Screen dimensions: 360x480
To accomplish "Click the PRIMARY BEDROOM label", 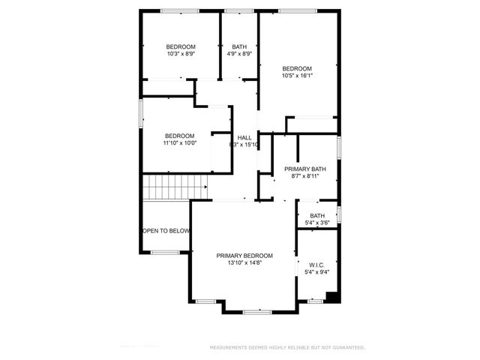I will [244, 256].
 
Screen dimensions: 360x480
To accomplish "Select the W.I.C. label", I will [316, 264].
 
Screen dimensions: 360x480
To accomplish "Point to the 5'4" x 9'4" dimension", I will [316, 272].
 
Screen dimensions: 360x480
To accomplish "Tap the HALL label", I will [244, 137].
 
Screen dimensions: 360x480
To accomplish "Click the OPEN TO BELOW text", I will [166, 231].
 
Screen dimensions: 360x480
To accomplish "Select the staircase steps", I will [175, 187].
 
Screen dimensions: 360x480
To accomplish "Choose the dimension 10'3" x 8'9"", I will [181, 54].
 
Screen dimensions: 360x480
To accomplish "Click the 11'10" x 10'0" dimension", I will [179, 144].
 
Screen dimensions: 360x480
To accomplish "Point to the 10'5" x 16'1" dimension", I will [297, 75].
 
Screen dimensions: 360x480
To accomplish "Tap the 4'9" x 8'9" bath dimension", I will [239, 54].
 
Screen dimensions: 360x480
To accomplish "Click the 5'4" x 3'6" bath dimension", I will [318, 223].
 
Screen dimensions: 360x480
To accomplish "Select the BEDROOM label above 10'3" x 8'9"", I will [181, 46].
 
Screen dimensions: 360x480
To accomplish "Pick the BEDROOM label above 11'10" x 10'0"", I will [179, 136].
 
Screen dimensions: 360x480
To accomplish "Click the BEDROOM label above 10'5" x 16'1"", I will [297, 67].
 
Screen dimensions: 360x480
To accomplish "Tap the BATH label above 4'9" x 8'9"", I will [239, 46].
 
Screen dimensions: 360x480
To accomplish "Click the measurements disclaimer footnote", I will [287, 348].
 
